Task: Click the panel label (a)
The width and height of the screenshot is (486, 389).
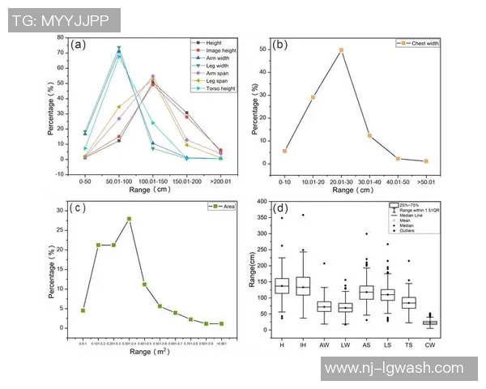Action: point(79,45)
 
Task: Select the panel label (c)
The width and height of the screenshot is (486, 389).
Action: point(79,207)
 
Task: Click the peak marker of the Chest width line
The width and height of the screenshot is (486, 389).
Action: point(341,50)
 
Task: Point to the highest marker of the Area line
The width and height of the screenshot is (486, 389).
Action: point(129,219)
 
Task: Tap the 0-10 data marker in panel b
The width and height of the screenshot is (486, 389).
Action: point(284,151)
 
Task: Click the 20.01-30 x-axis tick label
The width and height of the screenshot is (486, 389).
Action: point(341,180)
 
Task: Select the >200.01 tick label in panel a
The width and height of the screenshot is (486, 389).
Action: point(220,173)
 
